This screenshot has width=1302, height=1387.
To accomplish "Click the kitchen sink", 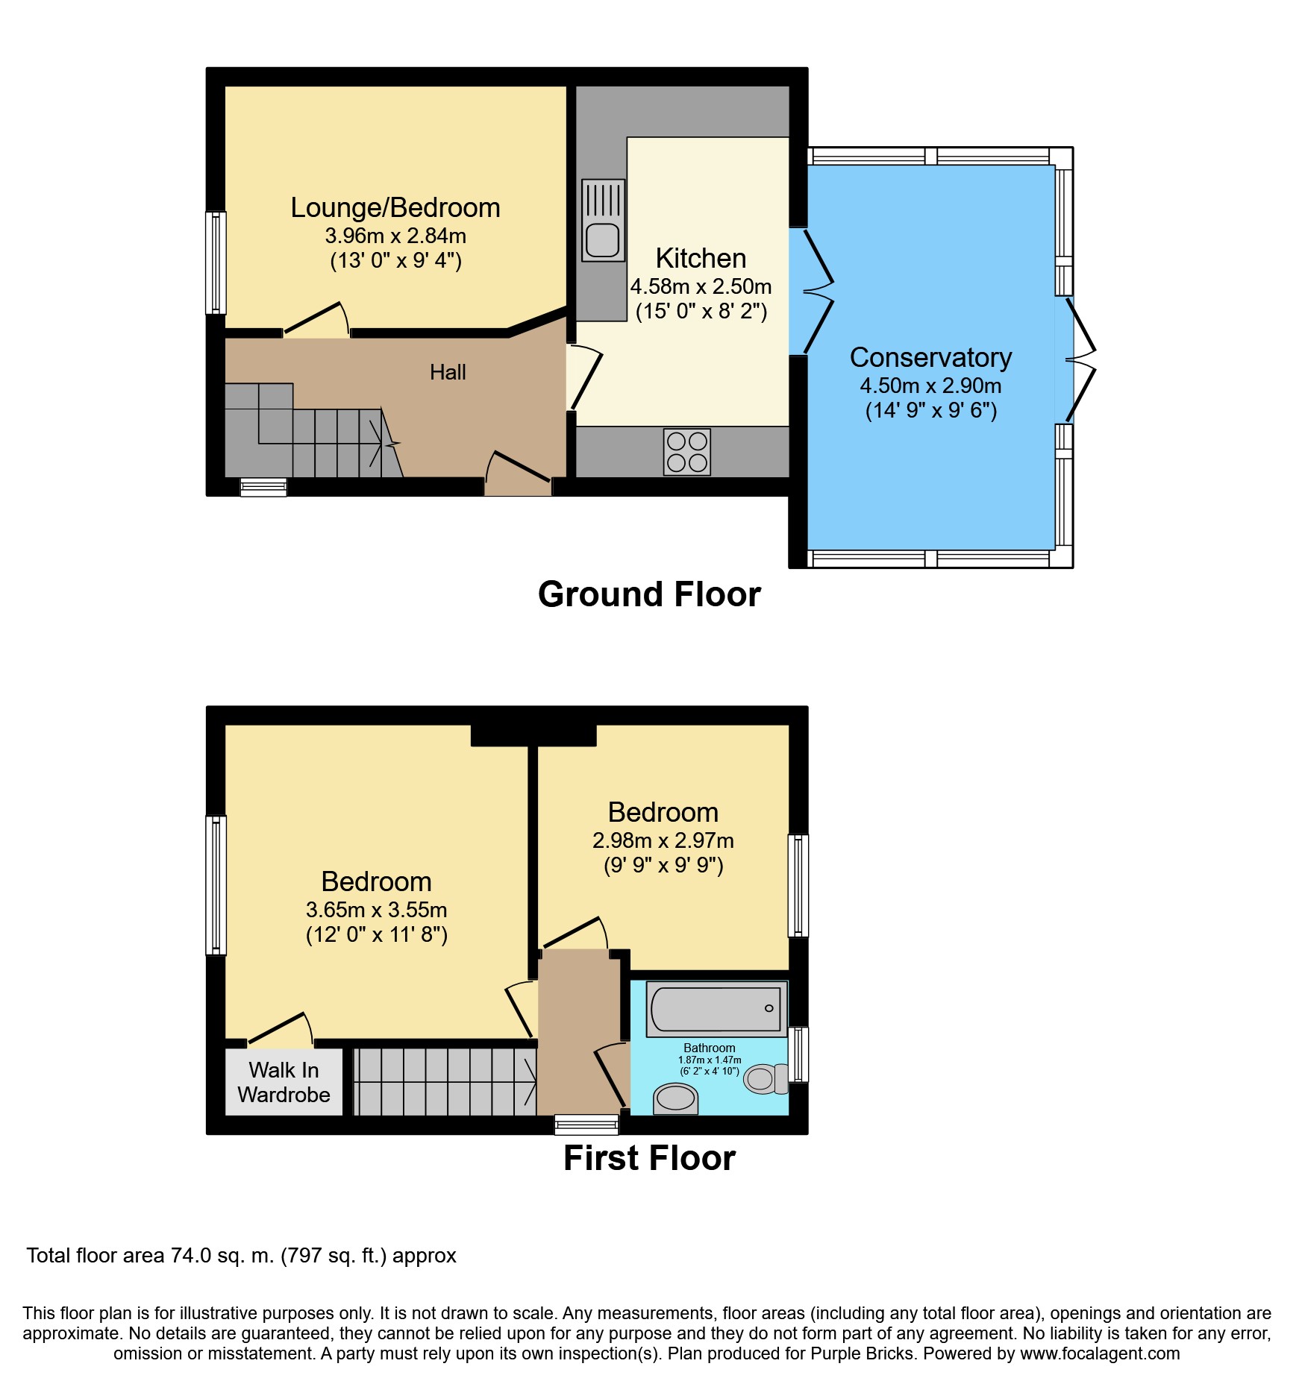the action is coord(603,220).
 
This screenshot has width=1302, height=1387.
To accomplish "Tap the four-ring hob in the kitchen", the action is coord(687,452).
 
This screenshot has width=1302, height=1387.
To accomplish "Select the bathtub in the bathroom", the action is coord(716,1009).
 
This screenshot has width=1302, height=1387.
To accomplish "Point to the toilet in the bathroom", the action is coord(767,1078).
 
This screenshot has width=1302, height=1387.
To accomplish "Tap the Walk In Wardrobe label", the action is coord(284,1082).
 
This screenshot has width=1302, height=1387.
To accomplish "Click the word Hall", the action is coord(448,372).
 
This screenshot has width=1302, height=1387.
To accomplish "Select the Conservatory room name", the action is coord(930,357).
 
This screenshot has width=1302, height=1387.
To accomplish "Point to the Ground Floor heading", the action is coord(649,594).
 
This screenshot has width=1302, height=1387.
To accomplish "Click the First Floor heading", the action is coord(649,1158).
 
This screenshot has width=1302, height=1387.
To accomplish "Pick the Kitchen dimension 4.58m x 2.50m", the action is coord(701,286).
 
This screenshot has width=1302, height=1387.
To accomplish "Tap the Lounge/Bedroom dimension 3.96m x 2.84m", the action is coord(395,236).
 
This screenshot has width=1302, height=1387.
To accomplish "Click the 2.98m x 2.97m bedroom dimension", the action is coord(663,840).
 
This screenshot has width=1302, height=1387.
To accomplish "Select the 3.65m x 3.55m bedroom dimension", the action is coord(377,910).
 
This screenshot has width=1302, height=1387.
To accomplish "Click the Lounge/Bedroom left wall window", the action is coord(216,262).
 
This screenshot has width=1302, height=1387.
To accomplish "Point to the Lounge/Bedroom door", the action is coord(316,320).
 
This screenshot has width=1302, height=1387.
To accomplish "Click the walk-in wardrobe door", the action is coord(280,1030).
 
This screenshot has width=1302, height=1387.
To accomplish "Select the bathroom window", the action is coord(798,1054).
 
